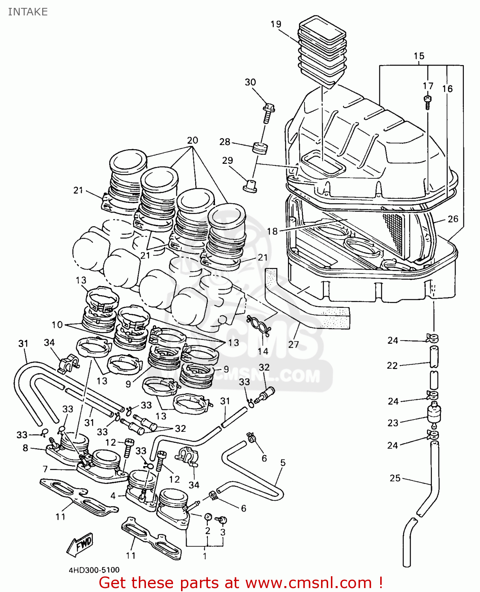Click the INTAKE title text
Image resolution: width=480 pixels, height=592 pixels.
click(28, 12)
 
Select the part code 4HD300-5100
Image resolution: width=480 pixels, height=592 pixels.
click(94, 570)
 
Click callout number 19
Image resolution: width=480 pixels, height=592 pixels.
click(276, 24)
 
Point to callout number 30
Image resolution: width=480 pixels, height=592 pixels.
click(250, 82)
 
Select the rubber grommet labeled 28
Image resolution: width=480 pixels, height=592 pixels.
click(260, 148)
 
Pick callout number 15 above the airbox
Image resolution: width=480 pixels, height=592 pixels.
click(419, 56)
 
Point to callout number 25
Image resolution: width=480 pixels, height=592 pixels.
click(395, 478)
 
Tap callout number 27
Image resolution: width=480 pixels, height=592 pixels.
click(293, 344)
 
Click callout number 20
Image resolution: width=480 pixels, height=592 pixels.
click(192, 140)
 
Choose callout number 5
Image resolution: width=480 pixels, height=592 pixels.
click(283, 462)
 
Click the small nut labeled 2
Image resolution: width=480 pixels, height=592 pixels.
click(208, 517)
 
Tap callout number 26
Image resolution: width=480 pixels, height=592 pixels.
click(453, 219)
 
